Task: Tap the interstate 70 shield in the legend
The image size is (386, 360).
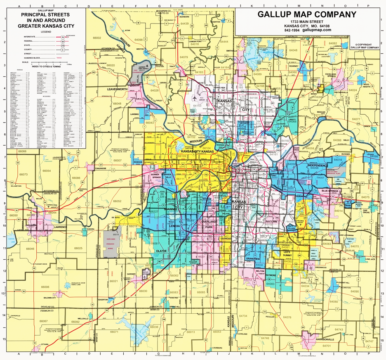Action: click(x=63, y=37)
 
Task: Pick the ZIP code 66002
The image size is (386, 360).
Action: click(x=97, y=38)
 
